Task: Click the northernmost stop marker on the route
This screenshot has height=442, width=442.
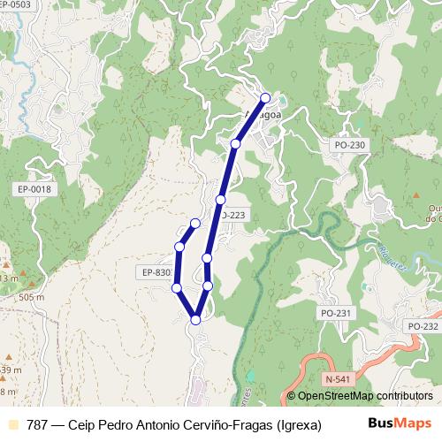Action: pyautogui.click(x=265, y=98)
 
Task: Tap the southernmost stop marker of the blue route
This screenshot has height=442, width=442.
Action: pyautogui.click(x=195, y=320)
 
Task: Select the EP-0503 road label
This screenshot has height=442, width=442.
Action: pyautogui.click(x=19, y=5)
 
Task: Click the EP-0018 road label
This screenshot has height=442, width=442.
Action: pyautogui.click(x=34, y=189)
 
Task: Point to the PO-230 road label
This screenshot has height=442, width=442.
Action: pyautogui.click(x=349, y=144)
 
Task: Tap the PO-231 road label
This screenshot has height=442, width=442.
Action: pyautogui.click(x=336, y=313)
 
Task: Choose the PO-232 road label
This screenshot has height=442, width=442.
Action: pyautogui.click(x=423, y=326)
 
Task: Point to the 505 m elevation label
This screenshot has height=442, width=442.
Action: pyautogui.click(x=30, y=298)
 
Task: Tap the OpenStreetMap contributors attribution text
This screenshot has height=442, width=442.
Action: pyautogui.click(x=364, y=395)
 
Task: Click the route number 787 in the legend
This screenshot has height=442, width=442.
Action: pyautogui.click(x=38, y=423)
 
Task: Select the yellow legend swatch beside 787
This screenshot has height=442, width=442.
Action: pyautogui.click(x=11, y=423)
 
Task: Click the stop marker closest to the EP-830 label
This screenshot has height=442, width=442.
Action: pyautogui.click(x=177, y=288)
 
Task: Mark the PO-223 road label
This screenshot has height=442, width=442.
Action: pyautogui.click(x=232, y=215)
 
